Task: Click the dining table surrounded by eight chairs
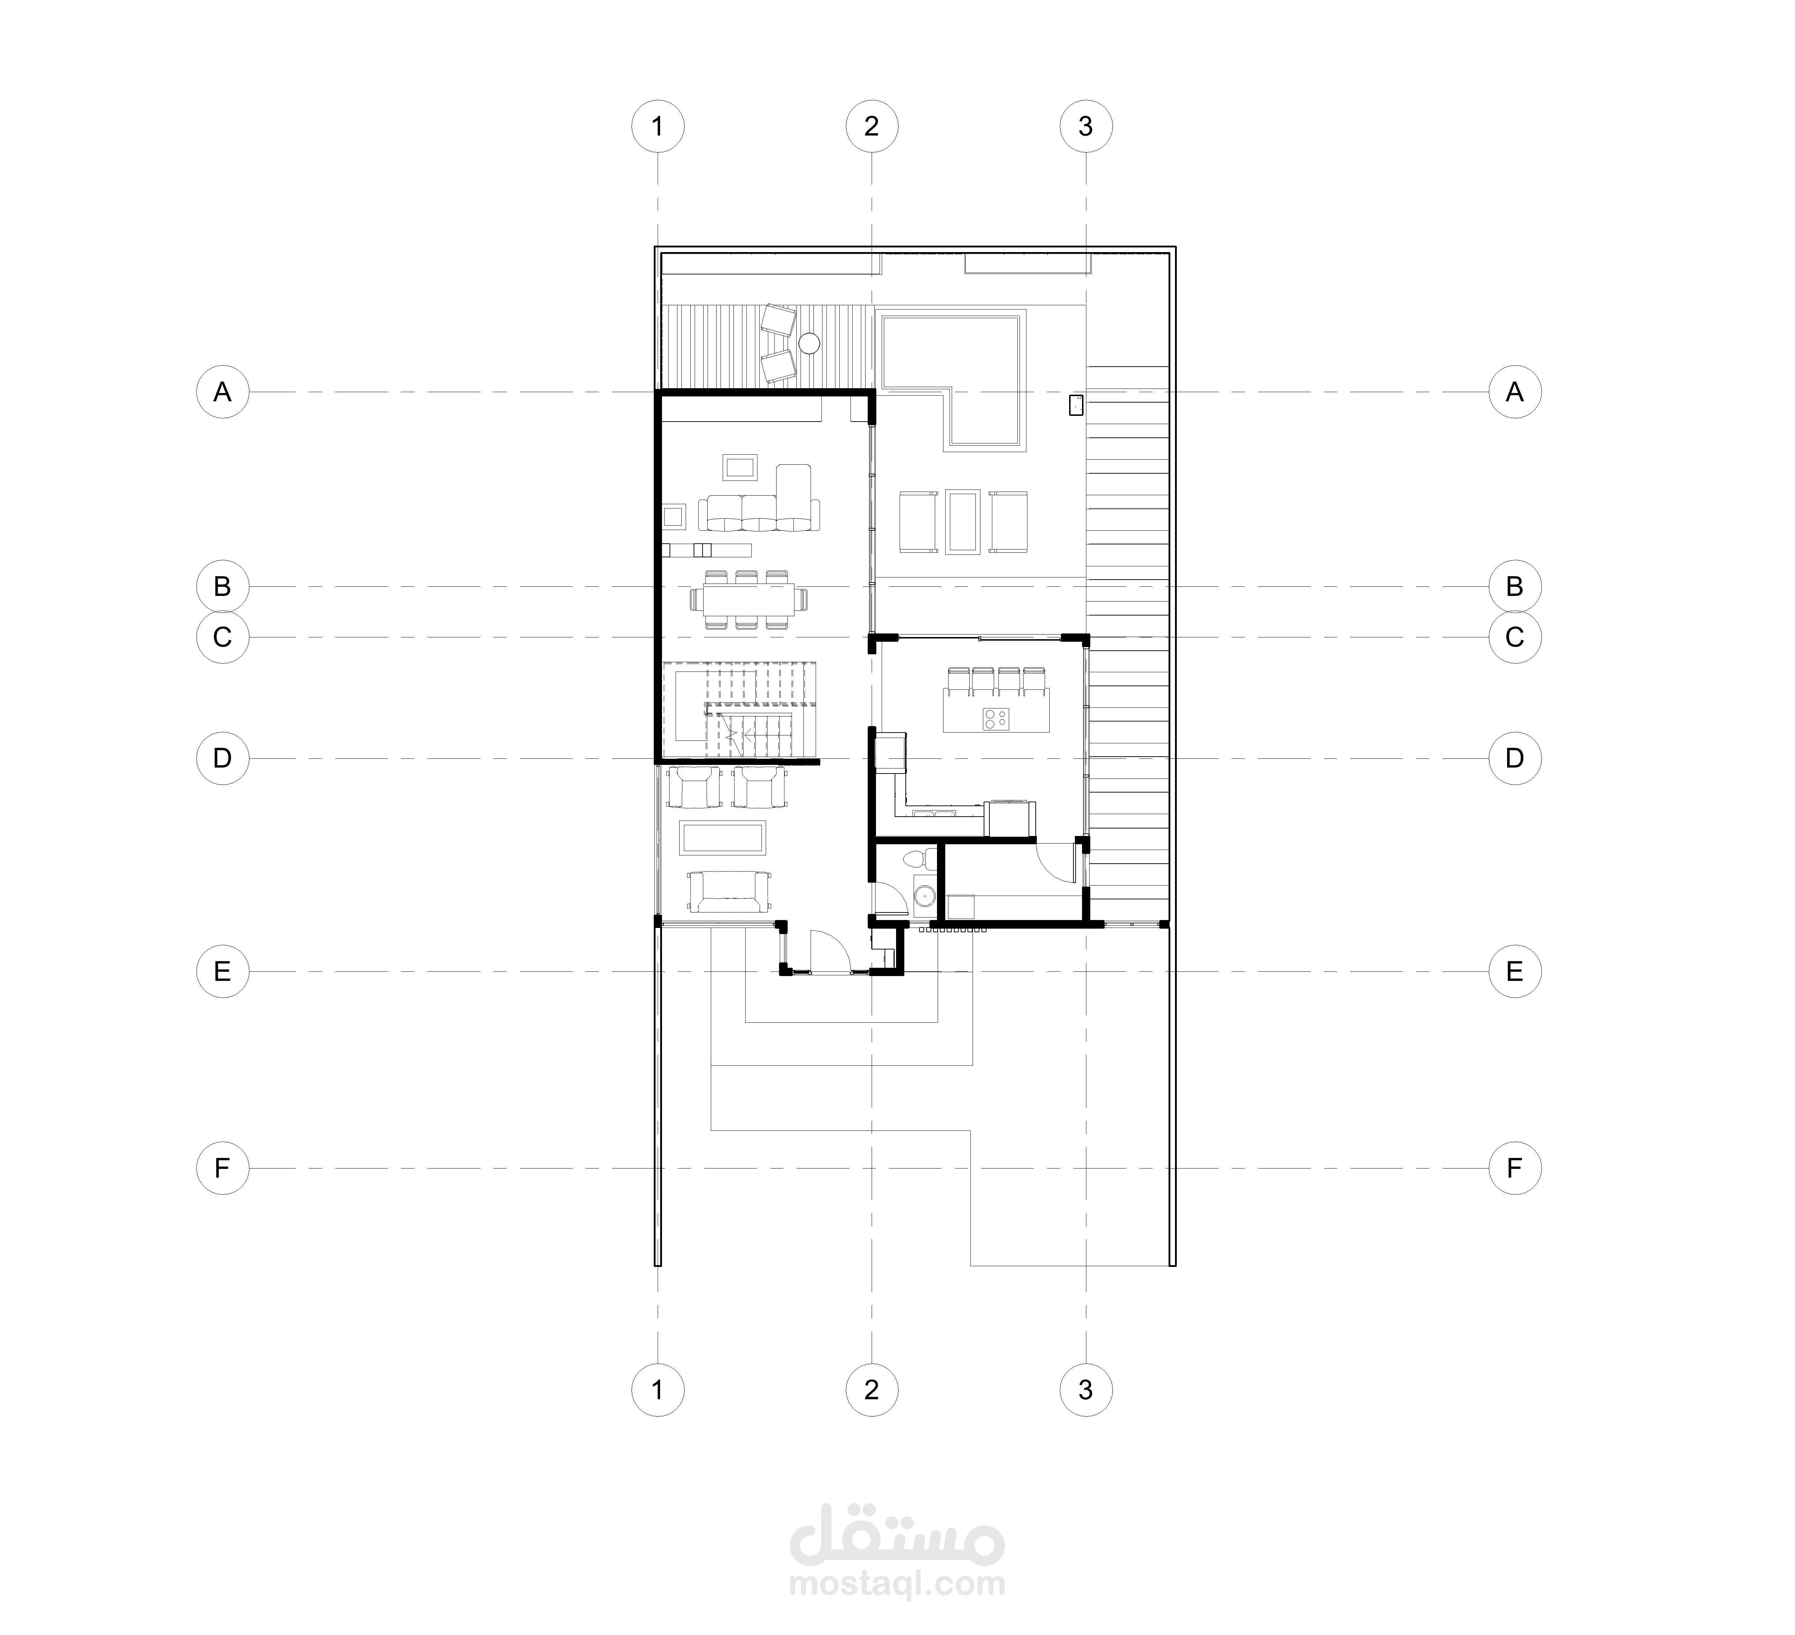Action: click(750, 599)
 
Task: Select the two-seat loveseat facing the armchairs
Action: click(729, 892)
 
